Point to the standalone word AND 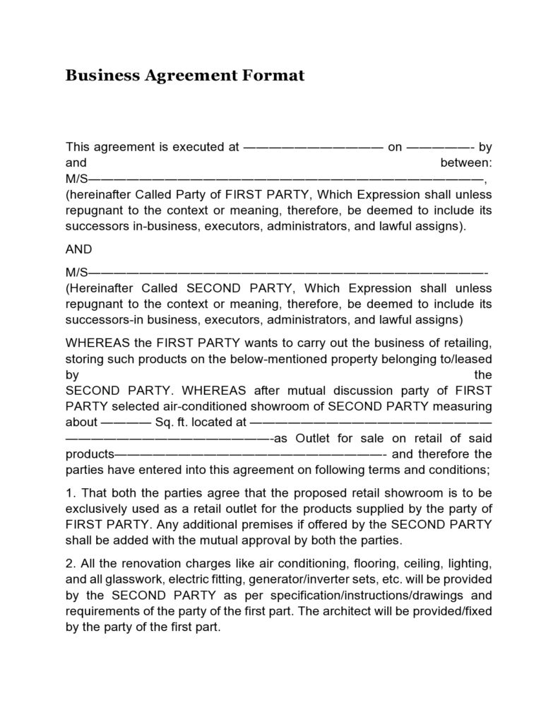coord(79,249)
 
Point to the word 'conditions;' coord(459,469)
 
